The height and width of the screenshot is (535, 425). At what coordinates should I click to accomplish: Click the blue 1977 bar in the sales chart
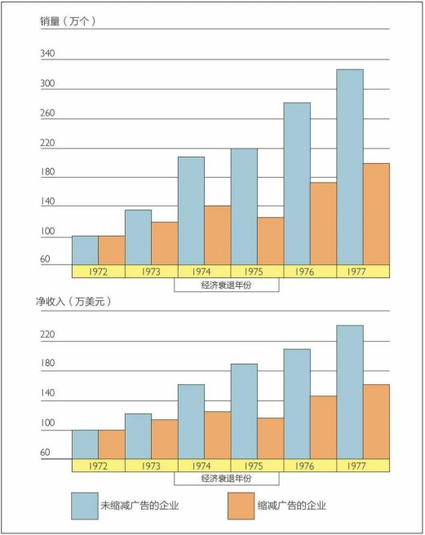pos(350,167)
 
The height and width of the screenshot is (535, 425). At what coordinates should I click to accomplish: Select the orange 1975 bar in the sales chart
pos(271,241)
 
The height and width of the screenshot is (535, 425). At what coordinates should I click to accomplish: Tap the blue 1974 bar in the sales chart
pos(191,210)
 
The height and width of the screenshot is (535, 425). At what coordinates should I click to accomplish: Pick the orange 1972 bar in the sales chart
pos(112,250)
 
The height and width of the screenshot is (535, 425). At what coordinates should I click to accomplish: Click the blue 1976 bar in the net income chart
pos(297,404)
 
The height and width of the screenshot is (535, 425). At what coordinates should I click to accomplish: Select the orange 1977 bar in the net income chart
pos(377,422)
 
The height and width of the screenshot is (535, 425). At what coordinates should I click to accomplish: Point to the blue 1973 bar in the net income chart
pos(138,436)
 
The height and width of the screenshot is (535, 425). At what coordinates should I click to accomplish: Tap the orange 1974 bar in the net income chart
pos(218,435)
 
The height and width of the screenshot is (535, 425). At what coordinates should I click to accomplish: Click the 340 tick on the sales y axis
pos(47,54)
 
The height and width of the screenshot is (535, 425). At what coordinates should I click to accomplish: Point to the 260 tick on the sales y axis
pos(47,113)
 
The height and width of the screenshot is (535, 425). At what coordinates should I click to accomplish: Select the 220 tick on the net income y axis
pos(47,334)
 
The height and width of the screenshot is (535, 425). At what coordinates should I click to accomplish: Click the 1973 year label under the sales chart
pos(151,272)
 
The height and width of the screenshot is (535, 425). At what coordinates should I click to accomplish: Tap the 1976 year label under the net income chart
pos(304,466)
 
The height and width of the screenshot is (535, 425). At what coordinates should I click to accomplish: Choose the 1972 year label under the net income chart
pos(99,466)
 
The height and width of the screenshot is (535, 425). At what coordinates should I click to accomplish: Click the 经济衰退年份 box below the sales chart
pos(227,285)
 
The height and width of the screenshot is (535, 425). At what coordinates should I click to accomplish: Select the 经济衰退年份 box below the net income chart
pos(227,479)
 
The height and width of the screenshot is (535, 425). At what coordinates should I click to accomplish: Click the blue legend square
pos(85,506)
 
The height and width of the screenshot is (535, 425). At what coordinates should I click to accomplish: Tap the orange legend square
pos(241,506)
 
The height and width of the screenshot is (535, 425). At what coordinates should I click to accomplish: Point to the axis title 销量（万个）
pos(68,21)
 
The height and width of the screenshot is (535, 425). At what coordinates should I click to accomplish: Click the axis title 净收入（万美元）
pos(73,302)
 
